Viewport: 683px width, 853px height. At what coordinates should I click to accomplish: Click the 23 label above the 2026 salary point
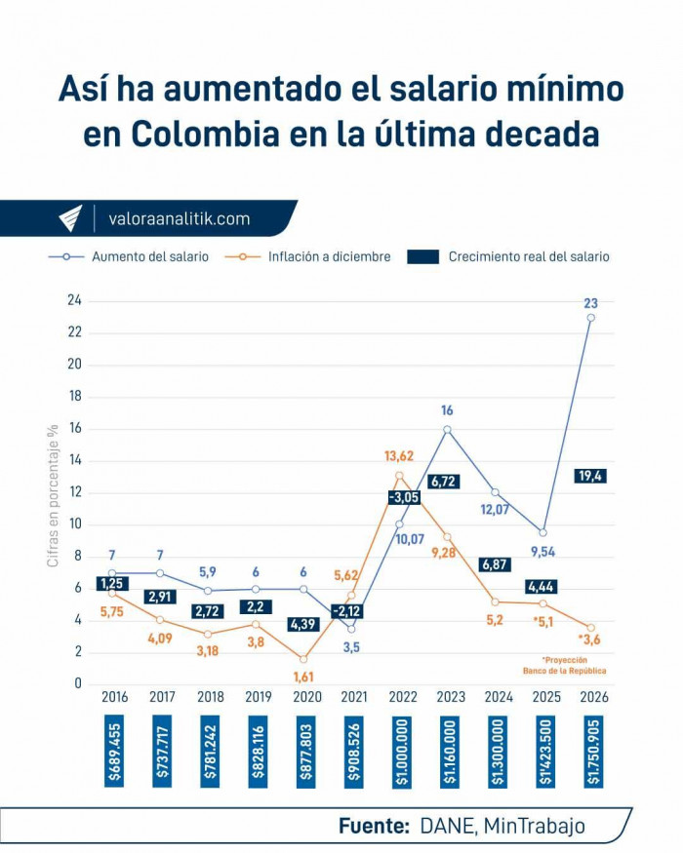point(591,302)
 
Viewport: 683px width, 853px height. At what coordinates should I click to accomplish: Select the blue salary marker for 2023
point(447,429)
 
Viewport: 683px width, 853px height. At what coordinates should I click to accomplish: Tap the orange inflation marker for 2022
point(399,476)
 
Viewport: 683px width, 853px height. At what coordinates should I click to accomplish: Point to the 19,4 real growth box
point(590,476)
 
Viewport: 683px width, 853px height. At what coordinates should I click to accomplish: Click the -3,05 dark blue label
point(403,497)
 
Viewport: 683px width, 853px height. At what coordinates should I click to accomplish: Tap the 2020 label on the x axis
point(304,697)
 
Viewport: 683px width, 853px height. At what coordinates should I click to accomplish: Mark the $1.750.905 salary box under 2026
point(591,752)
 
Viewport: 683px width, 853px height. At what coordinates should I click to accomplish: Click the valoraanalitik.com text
point(179,219)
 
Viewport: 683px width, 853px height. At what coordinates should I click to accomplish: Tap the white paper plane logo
point(70,218)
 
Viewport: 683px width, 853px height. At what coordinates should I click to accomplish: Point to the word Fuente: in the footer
point(374,826)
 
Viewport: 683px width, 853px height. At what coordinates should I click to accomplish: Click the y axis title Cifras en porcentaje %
point(53,494)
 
